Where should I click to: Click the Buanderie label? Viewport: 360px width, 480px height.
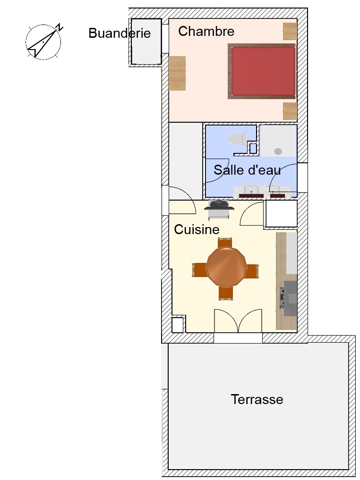[120, 33]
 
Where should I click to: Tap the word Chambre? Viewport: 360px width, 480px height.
[206, 31]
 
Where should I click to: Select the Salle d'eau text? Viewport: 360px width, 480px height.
[247, 170]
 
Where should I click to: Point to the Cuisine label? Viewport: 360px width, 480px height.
[197, 229]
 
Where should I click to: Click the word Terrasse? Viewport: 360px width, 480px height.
[257, 399]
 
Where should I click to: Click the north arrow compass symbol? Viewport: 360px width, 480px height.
[43, 42]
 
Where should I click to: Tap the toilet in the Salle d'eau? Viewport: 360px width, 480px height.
[238, 139]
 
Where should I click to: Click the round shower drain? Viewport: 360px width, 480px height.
[278, 151]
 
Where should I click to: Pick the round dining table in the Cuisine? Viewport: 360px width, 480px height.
[226, 267]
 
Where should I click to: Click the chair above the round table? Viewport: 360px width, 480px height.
[225, 243]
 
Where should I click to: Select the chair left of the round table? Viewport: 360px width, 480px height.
[199, 270]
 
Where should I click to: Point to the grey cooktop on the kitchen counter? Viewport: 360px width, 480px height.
[290, 298]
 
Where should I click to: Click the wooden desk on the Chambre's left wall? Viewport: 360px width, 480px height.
[177, 73]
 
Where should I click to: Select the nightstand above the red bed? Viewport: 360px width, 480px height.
[290, 31]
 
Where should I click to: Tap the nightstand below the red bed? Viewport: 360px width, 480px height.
[290, 111]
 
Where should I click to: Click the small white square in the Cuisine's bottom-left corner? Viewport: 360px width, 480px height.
[177, 325]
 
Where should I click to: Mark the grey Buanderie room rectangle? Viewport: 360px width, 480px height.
[146, 42]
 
